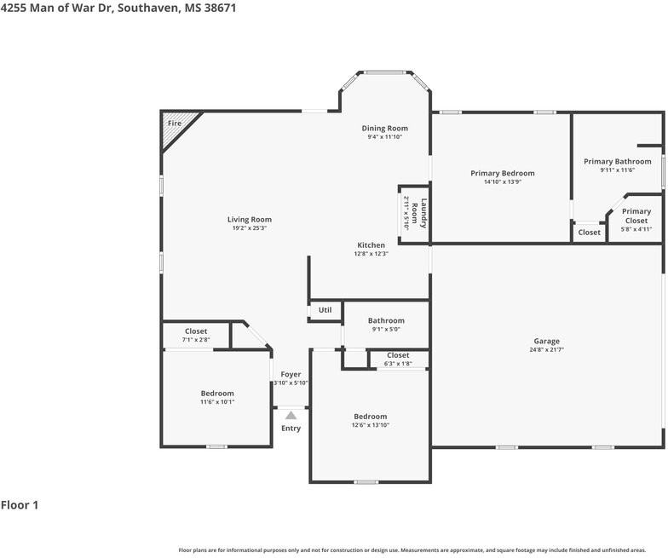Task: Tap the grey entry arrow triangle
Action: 291,416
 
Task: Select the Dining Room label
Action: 385,128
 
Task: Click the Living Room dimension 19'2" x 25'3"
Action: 249,228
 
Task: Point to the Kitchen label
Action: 371,245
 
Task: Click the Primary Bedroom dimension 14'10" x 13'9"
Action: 503,182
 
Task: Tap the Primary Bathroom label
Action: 617,162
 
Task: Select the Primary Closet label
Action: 636,216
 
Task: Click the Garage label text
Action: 547,341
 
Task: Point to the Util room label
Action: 325,310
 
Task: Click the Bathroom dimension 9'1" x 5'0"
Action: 386,329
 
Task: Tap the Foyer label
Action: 291,375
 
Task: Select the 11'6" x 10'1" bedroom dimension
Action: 217,402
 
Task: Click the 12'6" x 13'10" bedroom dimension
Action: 370,424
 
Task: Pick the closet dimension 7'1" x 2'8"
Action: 196,339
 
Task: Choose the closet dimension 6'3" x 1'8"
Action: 398,363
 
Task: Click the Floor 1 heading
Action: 20,505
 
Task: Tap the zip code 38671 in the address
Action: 220,9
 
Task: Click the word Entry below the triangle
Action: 291,429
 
